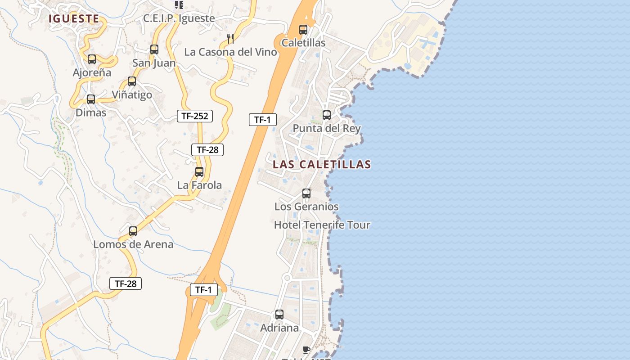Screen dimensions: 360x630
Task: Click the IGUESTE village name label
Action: click(x=74, y=18)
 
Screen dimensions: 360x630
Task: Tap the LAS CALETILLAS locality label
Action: click(x=322, y=164)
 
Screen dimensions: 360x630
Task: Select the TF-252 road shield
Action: click(x=194, y=116)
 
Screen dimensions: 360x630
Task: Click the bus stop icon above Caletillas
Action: click(x=303, y=30)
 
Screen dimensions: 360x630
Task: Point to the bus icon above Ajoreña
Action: click(x=92, y=59)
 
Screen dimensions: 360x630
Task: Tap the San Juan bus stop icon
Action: click(x=154, y=49)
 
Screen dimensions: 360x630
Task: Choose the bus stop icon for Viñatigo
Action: click(x=132, y=81)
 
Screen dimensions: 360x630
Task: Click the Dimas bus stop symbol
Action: click(x=91, y=99)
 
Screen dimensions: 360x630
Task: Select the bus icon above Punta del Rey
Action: click(x=327, y=115)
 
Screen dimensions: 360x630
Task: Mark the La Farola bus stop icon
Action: click(x=199, y=171)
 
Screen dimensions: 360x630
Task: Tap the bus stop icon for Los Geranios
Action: click(x=306, y=193)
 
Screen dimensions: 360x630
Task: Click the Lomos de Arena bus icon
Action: click(x=133, y=231)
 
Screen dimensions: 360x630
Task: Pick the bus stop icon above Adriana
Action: click(x=279, y=314)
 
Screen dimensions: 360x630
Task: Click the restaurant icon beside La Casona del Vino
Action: click(x=230, y=38)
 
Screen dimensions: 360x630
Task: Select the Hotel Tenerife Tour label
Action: click(x=322, y=225)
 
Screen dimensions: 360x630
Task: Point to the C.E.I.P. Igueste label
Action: click(x=179, y=18)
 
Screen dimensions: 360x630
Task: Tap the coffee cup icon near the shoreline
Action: click(x=306, y=349)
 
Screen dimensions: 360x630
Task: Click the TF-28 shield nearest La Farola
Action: click(x=207, y=150)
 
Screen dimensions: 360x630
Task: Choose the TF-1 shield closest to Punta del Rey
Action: click(x=262, y=120)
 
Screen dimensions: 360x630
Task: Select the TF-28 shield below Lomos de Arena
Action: click(x=126, y=283)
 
